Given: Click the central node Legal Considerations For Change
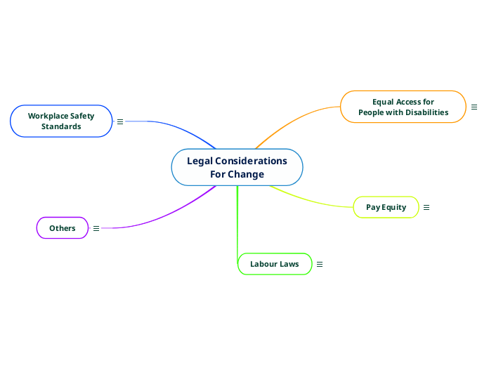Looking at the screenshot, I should (237, 168).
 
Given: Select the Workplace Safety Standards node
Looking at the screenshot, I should (61, 121).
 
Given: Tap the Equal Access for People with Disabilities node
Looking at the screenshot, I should (403, 107).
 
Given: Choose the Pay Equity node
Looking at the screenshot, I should (386, 207).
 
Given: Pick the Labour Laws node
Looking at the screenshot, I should (274, 264).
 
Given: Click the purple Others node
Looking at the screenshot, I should (62, 228).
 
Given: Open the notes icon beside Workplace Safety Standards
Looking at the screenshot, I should (119, 121).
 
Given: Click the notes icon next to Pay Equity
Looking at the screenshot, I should (426, 207).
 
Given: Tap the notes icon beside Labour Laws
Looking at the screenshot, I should (320, 264).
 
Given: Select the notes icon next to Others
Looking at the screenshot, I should (96, 228).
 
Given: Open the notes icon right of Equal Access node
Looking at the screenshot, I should (474, 107).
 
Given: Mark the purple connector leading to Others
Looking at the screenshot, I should (169, 214).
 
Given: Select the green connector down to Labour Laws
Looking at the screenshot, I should (237, 225).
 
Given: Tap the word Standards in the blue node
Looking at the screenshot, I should (61, 126).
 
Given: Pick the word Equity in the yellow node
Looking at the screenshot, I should (395, 207).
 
